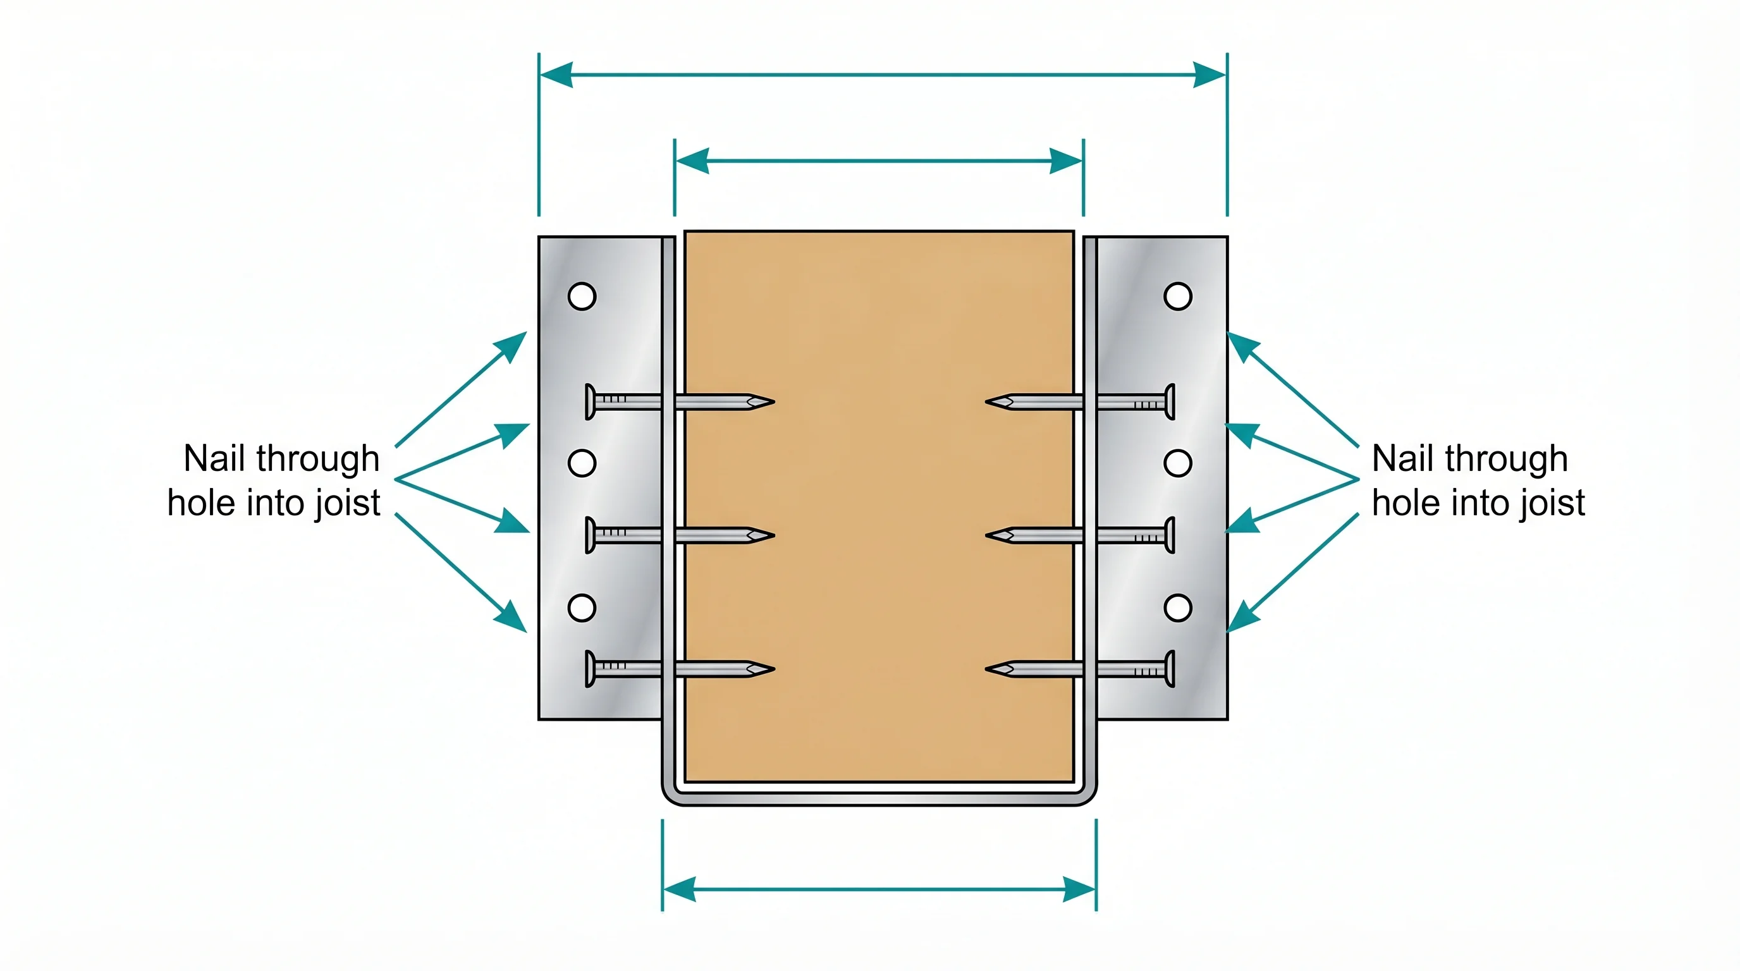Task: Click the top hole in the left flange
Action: coord(582,296)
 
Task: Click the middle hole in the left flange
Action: coord(582,463)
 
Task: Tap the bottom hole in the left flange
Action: coord(582,608)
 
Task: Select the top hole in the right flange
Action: coord(1177,296)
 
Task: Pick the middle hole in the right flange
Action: coord(1177,463)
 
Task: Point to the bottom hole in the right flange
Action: coord(1177,608)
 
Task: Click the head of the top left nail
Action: coord(590,402)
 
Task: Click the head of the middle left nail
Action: coord(590,535)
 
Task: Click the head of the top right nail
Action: coord(1170,402)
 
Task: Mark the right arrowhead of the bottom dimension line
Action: coord(1079,889)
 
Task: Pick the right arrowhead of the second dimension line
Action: coord(1067,161)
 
